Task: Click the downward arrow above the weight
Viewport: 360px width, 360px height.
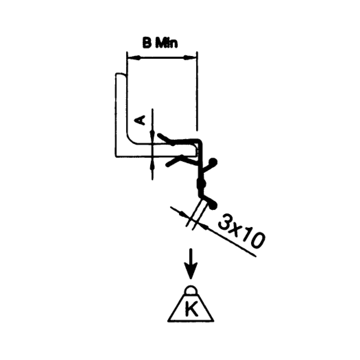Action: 191,264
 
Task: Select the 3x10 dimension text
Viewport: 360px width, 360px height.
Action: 241,231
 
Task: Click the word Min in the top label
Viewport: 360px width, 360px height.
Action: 167,43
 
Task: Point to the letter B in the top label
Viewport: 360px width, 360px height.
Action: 147,43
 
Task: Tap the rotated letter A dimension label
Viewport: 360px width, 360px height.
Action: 140,120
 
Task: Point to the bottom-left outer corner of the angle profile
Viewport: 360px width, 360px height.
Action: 116,157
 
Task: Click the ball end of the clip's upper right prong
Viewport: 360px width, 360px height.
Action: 213,162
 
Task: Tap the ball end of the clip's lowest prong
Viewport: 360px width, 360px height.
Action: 213,205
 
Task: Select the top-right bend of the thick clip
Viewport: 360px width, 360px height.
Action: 200,141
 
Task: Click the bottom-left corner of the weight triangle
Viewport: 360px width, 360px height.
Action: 168,321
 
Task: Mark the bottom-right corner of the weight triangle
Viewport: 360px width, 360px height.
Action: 214,321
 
